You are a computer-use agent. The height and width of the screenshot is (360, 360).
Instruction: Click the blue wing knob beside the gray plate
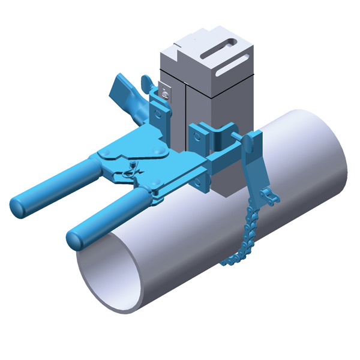coord(146,81)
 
